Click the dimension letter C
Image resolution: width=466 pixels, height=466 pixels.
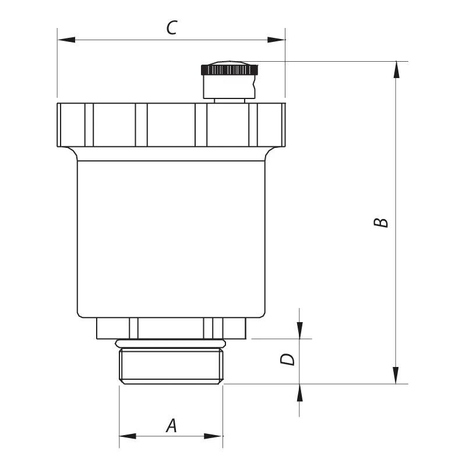(x=171, y=27)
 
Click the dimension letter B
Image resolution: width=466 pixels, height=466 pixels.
(x=381, y=223)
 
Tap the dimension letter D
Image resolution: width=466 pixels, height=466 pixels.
(x=287, y=359)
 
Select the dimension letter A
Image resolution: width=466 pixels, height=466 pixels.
(x=171, y=426)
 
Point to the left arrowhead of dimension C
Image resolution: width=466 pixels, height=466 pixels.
(x=66, y=40)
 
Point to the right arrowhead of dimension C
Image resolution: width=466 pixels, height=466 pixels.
(x=276, y=40)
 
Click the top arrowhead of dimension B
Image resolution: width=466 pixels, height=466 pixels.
(x=396, y=70)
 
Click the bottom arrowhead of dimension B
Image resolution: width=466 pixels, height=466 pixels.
(x=396, y=375)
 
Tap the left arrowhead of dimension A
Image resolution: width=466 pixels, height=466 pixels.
(x=128, y=436)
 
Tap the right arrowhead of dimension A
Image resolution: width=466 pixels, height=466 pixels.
(x=213, y=436)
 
